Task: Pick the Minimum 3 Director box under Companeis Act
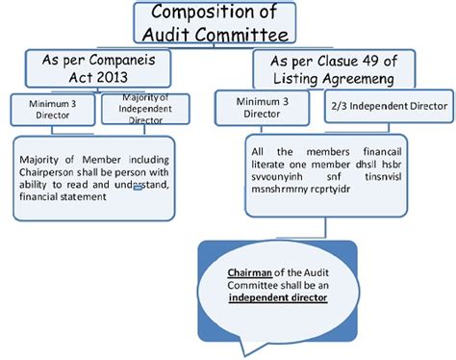52,110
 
